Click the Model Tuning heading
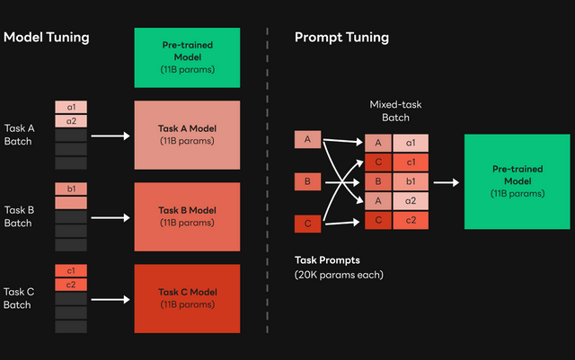(47, 38)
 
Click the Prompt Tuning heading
(341, 38)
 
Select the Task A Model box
(186, 136)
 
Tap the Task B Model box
(186, 216)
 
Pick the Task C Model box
(186, 298)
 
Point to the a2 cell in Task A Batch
(71, 121)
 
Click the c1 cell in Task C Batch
(71, 270)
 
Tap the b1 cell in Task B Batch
(71, 189)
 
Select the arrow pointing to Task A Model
(111, 136)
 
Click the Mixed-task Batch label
(395, 111)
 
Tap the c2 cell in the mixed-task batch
(410, 221)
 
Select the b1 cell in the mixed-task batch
(410, 181)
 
